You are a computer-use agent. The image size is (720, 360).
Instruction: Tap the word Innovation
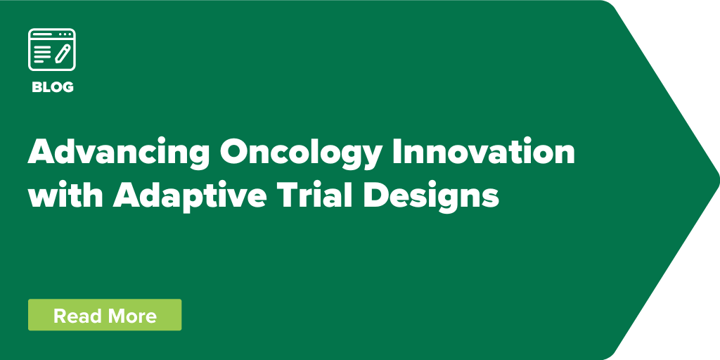484,151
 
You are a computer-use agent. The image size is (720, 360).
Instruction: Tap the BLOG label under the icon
52,87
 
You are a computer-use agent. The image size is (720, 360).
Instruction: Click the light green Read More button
105,314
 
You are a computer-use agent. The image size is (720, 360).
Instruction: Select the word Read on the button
76,316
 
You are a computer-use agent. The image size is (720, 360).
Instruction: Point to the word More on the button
131,316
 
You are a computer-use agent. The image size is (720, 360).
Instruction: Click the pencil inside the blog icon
63,53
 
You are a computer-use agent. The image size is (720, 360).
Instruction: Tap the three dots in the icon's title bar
65,34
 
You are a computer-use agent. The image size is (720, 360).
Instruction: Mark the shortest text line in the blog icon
39,62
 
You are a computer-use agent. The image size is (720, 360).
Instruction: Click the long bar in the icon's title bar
43,34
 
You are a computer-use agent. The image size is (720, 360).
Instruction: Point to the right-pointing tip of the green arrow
719,179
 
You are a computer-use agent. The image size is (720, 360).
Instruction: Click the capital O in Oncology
234,152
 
